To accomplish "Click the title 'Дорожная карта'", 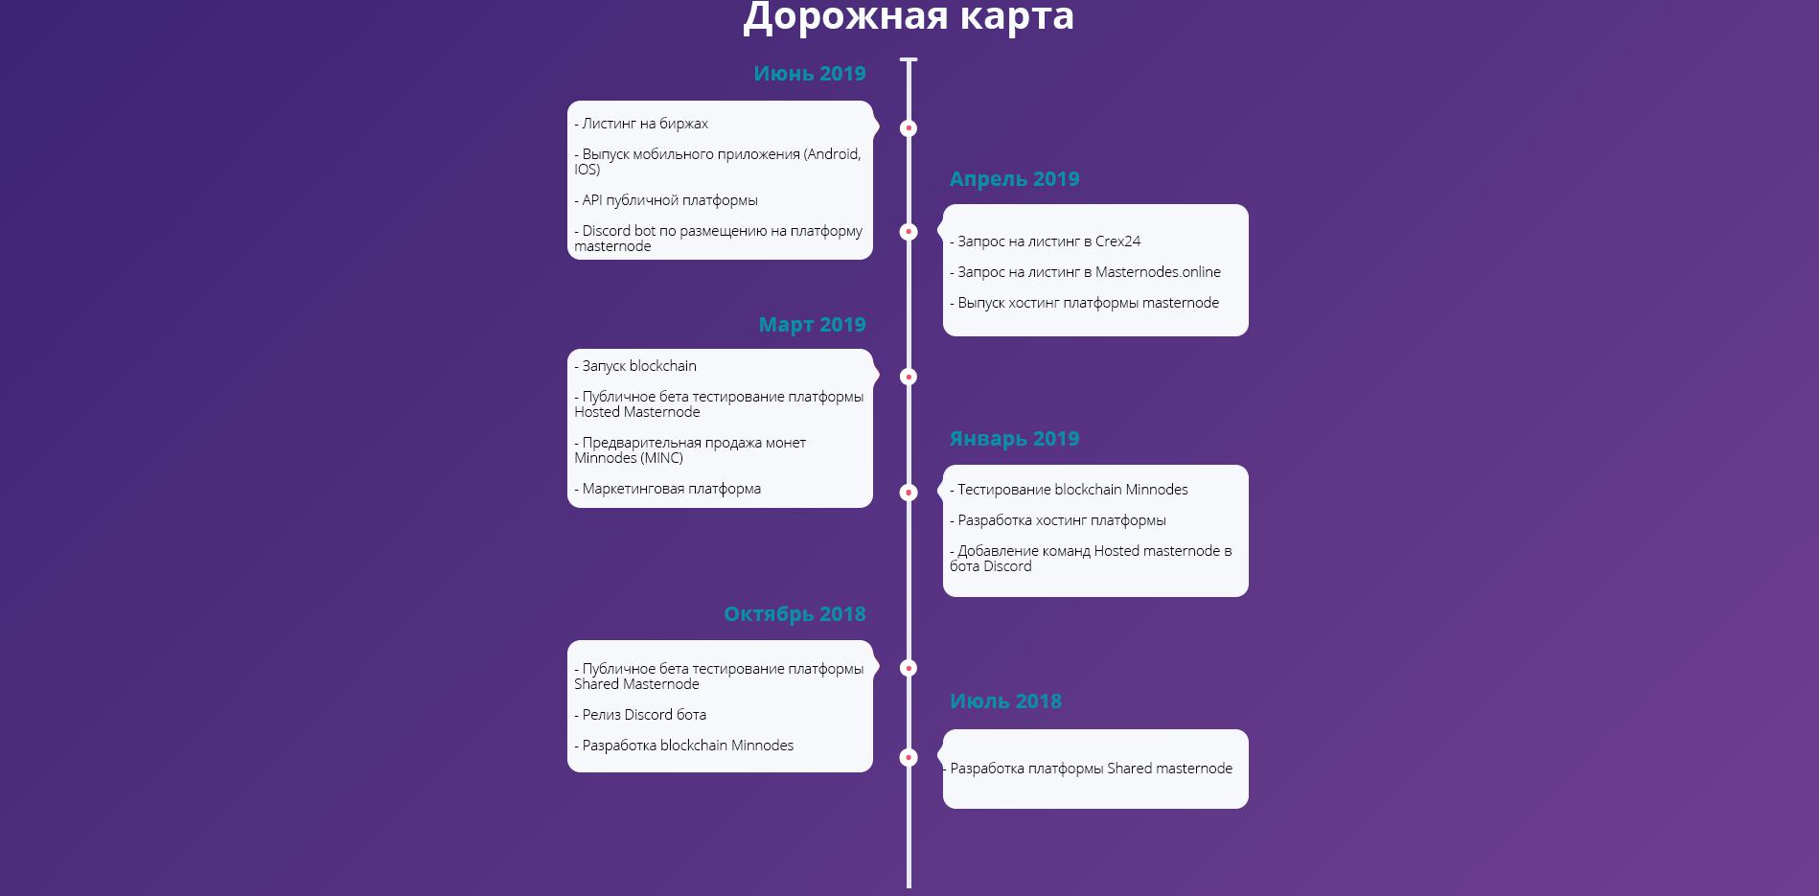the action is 909,16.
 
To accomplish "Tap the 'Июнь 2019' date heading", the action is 810,74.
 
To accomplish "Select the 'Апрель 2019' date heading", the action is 1014,179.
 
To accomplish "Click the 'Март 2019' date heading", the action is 812,325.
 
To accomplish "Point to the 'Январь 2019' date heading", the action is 1014,439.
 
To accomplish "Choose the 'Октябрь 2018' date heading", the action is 794,614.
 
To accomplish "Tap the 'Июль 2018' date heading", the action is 1005,701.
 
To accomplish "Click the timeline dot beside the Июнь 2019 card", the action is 909,128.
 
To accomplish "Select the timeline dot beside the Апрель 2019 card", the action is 909,232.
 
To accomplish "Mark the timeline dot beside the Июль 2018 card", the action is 909,758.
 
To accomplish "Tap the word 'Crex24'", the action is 1117,241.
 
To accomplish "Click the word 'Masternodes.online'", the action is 1158,272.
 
